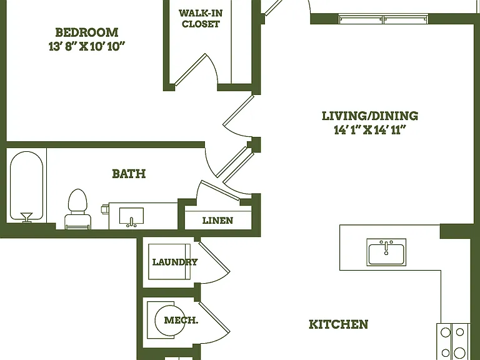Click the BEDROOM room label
87,32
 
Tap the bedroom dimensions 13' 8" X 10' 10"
87,46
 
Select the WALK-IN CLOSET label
201,18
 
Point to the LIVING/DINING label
370,116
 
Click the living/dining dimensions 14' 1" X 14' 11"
370,130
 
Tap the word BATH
129,174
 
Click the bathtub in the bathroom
26,186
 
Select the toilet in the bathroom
77,209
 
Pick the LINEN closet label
217,221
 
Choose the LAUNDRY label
175,262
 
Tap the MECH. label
181,320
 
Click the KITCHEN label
338,324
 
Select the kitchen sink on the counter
386,252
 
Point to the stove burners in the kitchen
452,342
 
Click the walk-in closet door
191,69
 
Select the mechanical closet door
214,317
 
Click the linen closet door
221,191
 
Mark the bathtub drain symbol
26,217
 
